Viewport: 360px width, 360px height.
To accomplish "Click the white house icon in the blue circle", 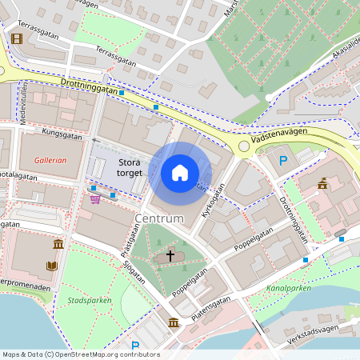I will click(180, 173).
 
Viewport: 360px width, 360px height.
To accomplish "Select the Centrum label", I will click(159, 218).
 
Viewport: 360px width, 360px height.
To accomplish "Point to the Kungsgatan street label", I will click(63, 134).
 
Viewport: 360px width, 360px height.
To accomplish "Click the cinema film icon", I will click(15, 38).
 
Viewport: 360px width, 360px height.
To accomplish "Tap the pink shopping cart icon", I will click(95, 199).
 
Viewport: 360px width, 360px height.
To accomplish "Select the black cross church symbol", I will click(169, 256).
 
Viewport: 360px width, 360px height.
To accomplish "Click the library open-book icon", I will click(52, 266).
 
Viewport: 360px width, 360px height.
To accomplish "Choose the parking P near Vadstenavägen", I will click(282, 161).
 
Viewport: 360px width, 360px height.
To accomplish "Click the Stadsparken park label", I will click(90, 301).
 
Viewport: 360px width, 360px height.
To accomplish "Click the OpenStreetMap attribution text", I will click(80, 354).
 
